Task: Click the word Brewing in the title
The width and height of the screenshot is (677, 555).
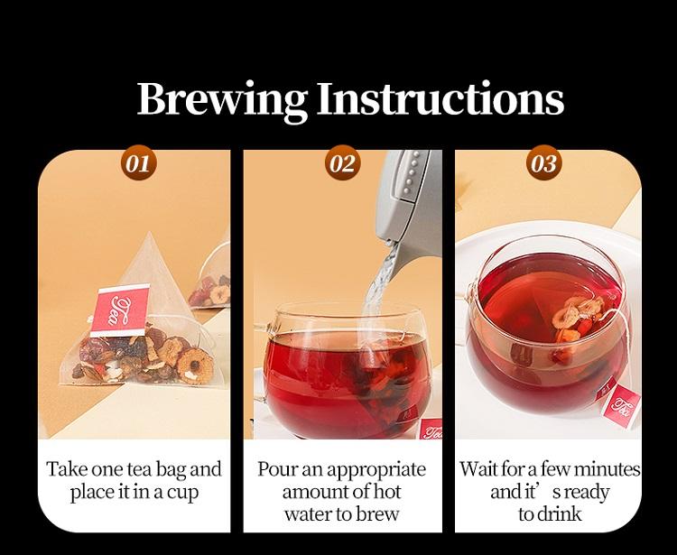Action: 222,99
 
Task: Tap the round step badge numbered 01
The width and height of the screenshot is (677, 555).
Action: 139,163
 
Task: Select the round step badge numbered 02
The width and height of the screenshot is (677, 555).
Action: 342,163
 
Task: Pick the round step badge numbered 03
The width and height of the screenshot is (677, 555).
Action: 544,163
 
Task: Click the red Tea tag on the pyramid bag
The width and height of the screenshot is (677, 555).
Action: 119,310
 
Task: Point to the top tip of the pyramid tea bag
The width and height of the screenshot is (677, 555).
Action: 149,232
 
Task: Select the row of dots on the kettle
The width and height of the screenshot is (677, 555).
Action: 412,171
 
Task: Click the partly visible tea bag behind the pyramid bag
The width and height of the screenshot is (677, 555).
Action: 210,280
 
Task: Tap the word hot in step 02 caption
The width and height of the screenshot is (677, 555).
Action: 386,491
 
